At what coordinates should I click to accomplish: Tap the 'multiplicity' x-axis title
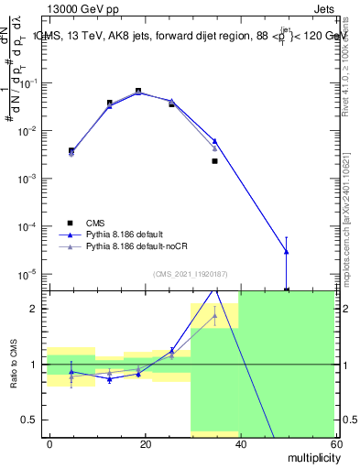(310, 456)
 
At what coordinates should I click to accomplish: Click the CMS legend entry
(95, 223)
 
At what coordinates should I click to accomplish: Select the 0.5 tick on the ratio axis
(33, 420)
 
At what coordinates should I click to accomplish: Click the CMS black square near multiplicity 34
(214, 161)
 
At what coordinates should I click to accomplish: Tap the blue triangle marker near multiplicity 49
(287, 251)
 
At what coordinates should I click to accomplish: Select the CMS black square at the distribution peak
(138, 91)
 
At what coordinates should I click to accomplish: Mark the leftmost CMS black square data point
(71, 150)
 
